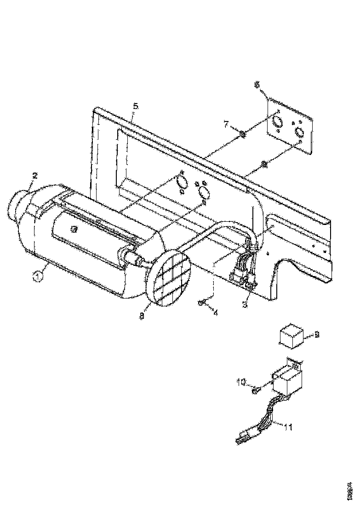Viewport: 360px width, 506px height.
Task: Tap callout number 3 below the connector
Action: tap(245, 304)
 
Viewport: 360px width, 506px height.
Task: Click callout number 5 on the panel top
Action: tap(135, 106)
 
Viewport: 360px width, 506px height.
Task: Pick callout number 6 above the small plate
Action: tap(257, 84)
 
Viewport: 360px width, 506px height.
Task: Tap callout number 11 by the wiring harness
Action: tap(287, 427)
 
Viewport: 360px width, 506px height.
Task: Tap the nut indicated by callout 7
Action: tap(242, 134)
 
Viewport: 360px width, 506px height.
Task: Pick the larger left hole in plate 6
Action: tap(277, 122)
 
